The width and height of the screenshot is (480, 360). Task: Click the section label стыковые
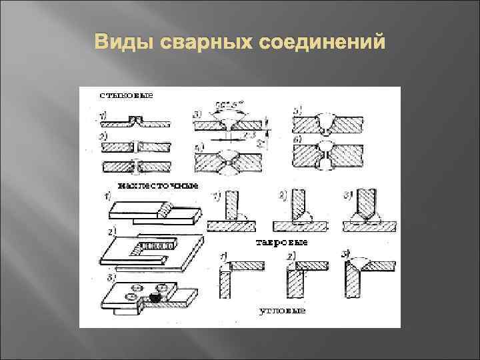pos(126,95)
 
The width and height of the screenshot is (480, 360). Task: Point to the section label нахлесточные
pos(157,185)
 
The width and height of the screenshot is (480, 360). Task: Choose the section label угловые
pos(282,310)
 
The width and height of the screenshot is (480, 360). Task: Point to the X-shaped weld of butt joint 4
pos(229,162)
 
